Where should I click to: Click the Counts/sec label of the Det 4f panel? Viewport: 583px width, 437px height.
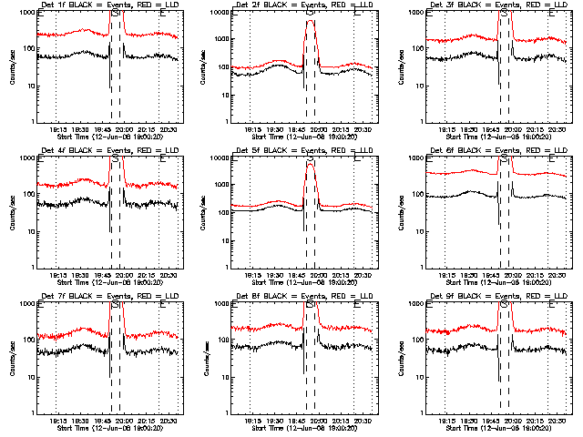click(x=13, y=212)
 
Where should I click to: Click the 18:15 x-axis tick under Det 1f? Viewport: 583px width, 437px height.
click(x=56, y=129)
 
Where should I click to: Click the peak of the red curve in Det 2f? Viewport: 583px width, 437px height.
click(x=311, y=21)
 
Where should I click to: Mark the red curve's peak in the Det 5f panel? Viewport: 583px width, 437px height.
click(x=311, y=164)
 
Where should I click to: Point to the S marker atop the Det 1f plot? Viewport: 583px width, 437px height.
click(x=116, y=14)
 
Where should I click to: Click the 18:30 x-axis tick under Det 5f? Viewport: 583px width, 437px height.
click(x=274, y=275)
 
